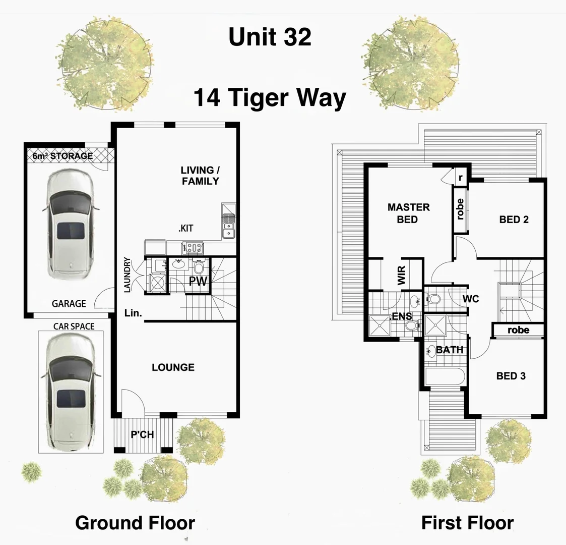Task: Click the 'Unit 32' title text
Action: [x=270, y=37]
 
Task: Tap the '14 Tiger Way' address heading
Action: [x=270, y=97]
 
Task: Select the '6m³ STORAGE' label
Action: [x=63, y=156]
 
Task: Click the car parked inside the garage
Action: [x=70, y=224]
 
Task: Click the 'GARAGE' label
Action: [x=69, y=304]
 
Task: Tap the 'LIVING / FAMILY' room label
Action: [x=201, y=176]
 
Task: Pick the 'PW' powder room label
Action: [x=198, y=282]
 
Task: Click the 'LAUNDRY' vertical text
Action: [x=128, y=275]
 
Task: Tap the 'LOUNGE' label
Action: [x=173, y=367]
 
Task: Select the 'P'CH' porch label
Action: [x=142, y=434]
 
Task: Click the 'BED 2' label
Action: [x=514, y=220]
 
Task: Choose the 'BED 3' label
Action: [x=511, y=376]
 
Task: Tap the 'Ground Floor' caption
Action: [x=135, y=523]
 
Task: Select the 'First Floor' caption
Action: [x=467, y=523]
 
